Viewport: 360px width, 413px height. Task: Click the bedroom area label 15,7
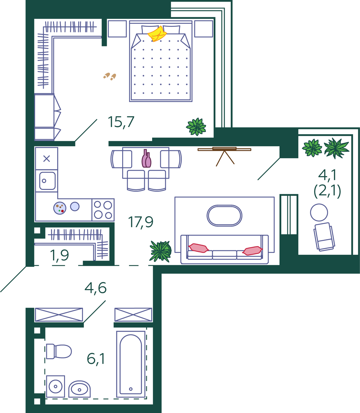[x=121, y=122]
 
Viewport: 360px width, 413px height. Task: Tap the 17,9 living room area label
[x=141, y=222]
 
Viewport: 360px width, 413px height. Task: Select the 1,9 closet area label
[x=59, y=256]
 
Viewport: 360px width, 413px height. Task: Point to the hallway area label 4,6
[x=95, y=288]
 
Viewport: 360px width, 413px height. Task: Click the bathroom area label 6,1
[x=96, y=359]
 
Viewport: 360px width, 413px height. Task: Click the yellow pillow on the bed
[x=157, y=34]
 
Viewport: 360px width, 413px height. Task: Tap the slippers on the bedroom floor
[x=110, y=76]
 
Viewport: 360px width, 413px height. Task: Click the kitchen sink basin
[x=47, y=181]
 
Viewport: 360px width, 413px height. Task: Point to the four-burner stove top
[x=103, y=210]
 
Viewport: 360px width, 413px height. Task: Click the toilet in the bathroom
[x=59, y=351]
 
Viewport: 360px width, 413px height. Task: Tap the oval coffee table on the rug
[x=224, y=215]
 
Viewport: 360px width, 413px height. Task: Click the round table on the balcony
[x=319, y=212]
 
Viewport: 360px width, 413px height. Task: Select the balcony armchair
[x=324, y=237]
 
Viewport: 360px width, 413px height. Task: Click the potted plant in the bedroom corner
[x=196, y=127]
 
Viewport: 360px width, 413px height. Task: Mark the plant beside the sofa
[x=160, y=251]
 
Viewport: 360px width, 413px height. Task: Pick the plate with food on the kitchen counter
[x=60, y=208]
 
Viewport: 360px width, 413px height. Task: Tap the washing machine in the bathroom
[x=55, y=386]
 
